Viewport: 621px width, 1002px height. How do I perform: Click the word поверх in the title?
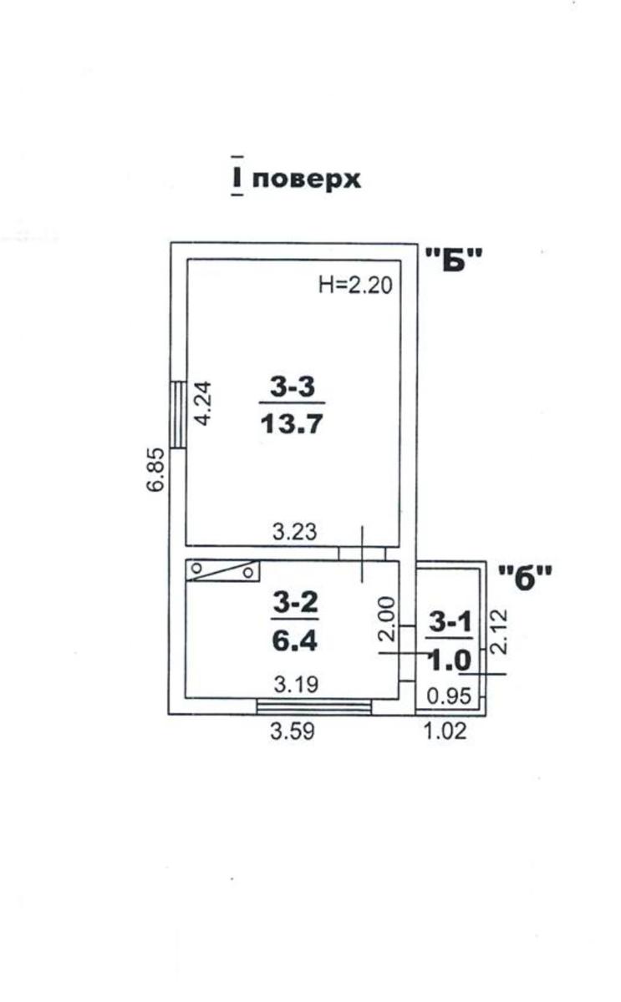(306, 180)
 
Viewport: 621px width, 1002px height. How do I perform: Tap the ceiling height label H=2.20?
(355, 285)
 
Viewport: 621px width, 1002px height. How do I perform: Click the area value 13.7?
(292, 423)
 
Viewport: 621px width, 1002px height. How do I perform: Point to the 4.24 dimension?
(203, 403)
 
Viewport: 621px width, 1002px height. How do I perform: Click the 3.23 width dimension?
(294, 532)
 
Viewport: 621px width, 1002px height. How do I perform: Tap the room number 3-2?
(296, 603)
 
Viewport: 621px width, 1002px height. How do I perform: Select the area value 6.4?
(294, 640)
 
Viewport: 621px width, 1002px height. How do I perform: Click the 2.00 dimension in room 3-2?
(388, 619)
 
